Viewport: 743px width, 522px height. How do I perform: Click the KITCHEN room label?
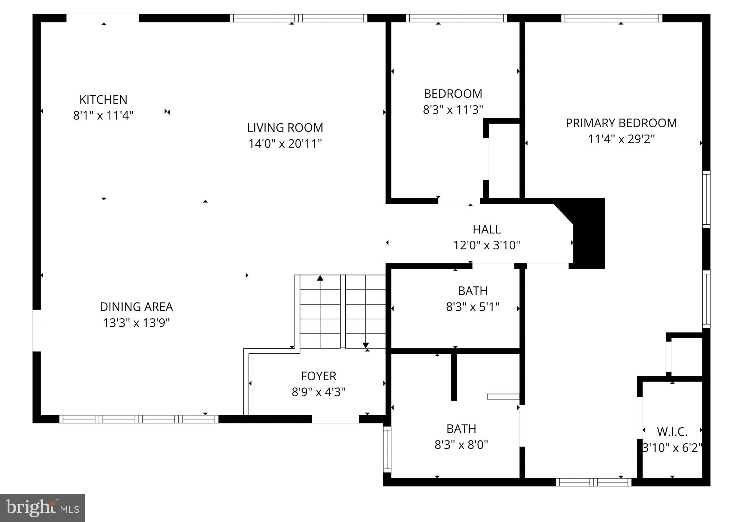(x=103, y=99)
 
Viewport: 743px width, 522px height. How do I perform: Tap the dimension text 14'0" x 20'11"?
(x=285, y=144)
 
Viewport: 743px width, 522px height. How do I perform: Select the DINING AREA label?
(x=136, y=307)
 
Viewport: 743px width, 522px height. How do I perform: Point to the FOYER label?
(x=319, y=376)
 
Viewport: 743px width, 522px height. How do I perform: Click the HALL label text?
(x=487, y=229)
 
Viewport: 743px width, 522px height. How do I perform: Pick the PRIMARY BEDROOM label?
(x=621, y=123)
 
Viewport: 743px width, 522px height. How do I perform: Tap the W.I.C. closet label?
(x=672, y=432)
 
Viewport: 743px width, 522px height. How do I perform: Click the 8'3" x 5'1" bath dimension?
(x=473, y=307)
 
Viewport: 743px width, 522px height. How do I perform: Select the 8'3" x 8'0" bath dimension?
(x=461, y=445)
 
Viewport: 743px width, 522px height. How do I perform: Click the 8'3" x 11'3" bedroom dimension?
(x=453, y=109)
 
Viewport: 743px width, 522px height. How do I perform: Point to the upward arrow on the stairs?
(x=320, y=278)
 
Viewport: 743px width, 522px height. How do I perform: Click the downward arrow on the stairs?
(x=366, y=345)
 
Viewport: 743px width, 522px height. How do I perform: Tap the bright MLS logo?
(x=42, y=508)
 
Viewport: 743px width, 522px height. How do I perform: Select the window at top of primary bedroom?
(x=612, y=18)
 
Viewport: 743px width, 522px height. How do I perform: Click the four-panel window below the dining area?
(x=139, y=419)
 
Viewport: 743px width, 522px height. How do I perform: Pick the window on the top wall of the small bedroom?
(x=456, y=18)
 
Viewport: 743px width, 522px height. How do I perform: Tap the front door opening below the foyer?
(x=335, y=419)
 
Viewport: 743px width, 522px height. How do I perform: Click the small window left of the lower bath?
(x=387, y=449)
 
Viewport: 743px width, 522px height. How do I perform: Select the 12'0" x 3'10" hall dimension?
(x=487, y=245)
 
